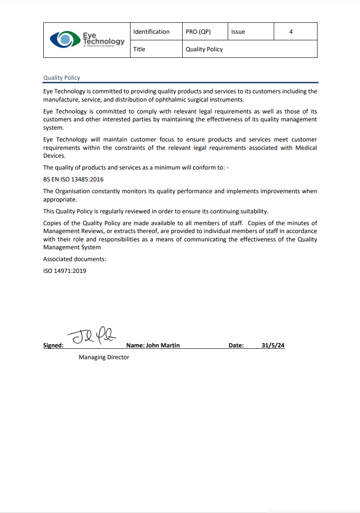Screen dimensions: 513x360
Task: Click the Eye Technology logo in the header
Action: tap(87, 40)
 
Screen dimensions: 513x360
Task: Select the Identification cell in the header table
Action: tap(151, 32)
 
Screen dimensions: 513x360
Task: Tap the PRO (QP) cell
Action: tap(198, 32)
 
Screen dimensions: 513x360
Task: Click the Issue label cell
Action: tap(238, 32)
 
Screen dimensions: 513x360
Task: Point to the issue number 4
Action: tap(291, 32)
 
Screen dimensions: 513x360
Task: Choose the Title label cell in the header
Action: tap(139, 49)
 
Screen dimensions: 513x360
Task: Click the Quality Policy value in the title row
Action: tap(204, 49)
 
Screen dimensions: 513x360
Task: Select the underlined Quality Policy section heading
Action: tap(62, 78)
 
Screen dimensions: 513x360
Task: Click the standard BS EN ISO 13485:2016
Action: tap(74, 180)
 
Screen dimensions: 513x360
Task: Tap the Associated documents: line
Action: tap(74, 259)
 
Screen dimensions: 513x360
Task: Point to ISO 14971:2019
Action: tap(65, 271)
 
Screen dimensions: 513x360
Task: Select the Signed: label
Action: tap(53, 345)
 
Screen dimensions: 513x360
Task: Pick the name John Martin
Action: tap(163, 345)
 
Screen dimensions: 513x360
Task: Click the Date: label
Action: tap(236, 345)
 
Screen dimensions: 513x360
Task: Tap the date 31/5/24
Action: tap(273, 345)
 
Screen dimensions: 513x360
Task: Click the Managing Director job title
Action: tap(104, 357)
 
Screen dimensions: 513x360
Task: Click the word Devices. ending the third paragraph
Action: tap(54, 156)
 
